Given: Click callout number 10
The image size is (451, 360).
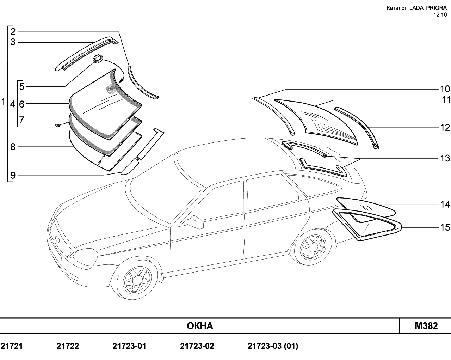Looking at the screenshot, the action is pos(445,89).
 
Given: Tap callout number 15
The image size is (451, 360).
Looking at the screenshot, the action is pos(445,227).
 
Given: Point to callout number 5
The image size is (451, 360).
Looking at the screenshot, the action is pos(22,87).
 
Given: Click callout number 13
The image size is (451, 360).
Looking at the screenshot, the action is pos(445,158).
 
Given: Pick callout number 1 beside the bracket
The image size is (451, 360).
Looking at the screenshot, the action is pos(3,102).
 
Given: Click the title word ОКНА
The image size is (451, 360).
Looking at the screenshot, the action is pos(200,326).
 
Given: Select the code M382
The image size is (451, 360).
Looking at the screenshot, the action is pos(426,326).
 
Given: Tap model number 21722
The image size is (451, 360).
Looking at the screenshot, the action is pos(68,346).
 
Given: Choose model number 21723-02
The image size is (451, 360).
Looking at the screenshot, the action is pos(197,346).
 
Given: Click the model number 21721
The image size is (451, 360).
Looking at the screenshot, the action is pos(12,346).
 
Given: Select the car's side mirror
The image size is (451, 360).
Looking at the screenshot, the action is pos(195,222).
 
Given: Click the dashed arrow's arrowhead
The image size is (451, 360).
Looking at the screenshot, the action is pos(121,80).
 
